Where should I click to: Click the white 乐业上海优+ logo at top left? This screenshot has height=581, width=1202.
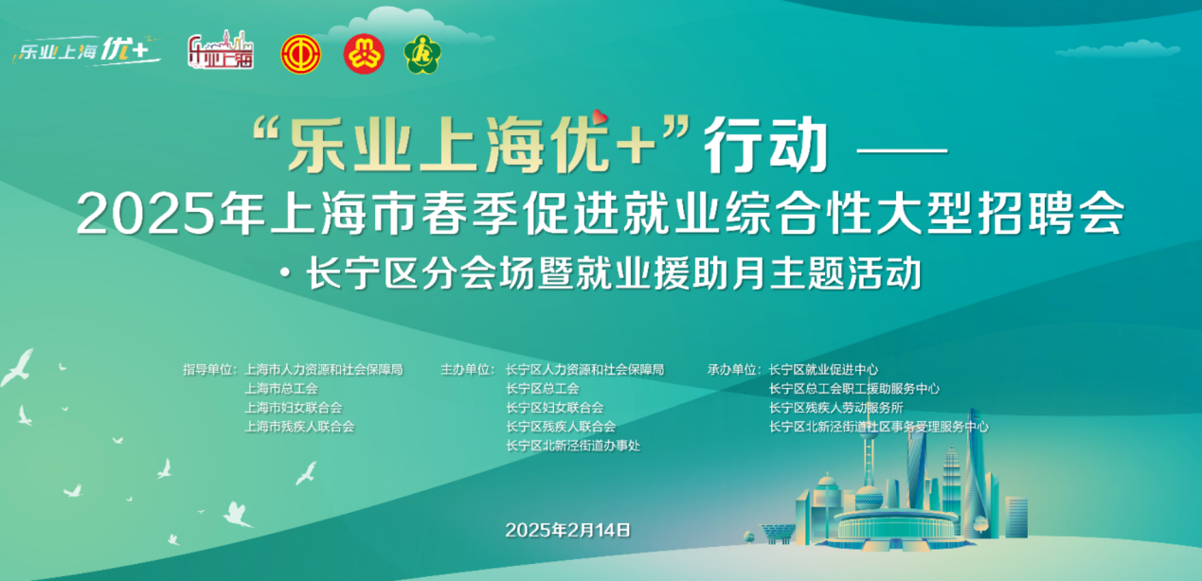pyautogui.click(x=86, y=51)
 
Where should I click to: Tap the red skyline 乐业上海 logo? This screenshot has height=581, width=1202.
pyautogui.click(x=221, y=51)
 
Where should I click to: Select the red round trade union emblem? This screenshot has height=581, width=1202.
pyautogui.click(x=301, y=54)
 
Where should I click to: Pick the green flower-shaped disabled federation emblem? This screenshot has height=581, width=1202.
pyautogui.click(x=422, y=54)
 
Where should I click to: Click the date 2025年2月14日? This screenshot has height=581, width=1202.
pyautogui.click(x=567, y=530)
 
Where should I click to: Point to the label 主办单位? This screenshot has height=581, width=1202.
pyautogui.click(x=468, y=370)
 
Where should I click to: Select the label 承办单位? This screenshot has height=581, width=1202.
pyautogui.click(x=733, y=370)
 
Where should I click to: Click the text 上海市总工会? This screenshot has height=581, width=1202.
pyautogui.click(x=280, y=389)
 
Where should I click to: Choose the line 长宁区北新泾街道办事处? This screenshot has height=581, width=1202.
pyautogui.click(x=573, y=446)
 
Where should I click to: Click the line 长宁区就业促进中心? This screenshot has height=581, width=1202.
pyautogui.click(x=823, y=370)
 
